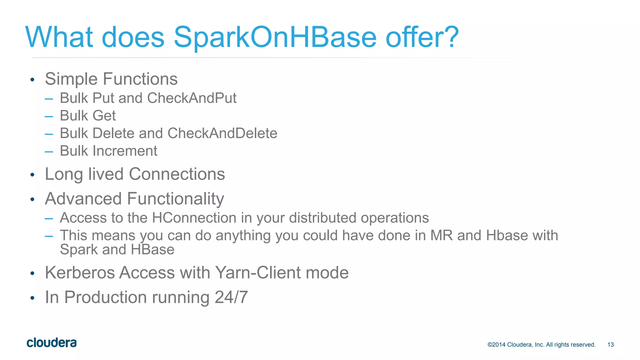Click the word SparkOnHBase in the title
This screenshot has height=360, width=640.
pyautogui.click(x=275, y=37)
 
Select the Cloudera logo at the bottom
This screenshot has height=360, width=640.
pyautogui.click(x=52, y=343)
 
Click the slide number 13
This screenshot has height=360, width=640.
pyautogui.click(x=610, y=345)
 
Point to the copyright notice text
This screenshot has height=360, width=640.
pyautogui.click(x=541, y=345)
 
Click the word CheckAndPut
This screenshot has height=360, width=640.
pyautogui.click(x=192, y=98)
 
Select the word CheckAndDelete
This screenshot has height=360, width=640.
pyautogui.click(x=222, y=133)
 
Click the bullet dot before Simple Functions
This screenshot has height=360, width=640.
pyautogui.click(x=32, y=80)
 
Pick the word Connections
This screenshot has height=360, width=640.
pyautogui.click(x=177, y=174)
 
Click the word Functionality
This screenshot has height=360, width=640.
pyautogui.click(x=175, y=199)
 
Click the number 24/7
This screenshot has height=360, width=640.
pyautogui.click(x=231, y=297)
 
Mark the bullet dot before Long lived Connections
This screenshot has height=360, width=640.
pyautogui.click(x=32, y=175)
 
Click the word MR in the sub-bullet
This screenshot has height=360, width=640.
pyautogui.click(x=441, y=236)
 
